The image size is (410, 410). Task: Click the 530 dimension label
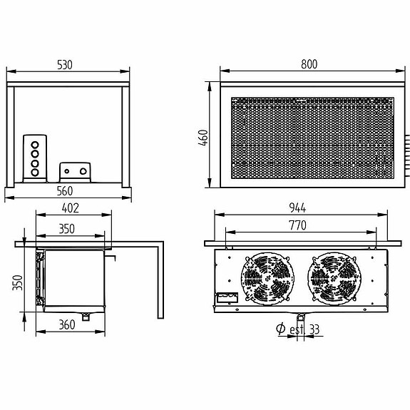pyautogui.click(x=66, y=64)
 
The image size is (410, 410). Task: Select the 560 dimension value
pyautogui.click(x=66, y=191)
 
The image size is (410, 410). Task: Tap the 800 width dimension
pyautogui.click(x=308, y=64)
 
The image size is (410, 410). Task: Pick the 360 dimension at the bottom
pyautogui.click(x=66, y=325)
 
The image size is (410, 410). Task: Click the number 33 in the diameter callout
pyautogui.click(x=314, y=329)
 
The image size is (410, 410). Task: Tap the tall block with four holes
pyautogui.click(x=34, y=158)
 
